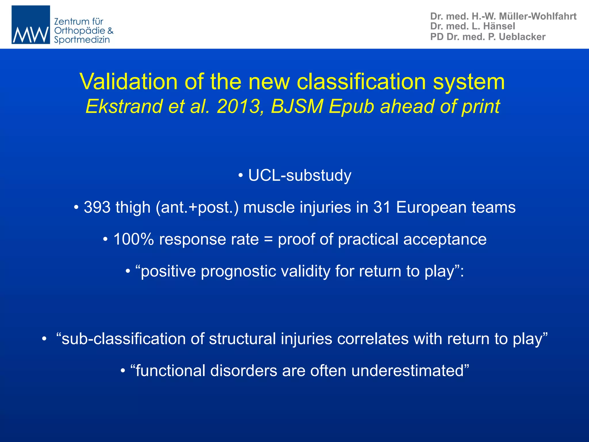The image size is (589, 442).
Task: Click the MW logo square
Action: click(x=31, y=25)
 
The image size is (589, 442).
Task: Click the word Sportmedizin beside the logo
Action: click(x=82, y=40)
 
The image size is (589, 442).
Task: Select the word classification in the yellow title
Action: click(x=361, y=81)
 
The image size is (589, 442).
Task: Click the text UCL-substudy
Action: click(x=300, y=175)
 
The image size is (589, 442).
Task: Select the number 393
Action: click(x=97, y=207)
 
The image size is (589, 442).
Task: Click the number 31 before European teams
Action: click(x=382, y=207)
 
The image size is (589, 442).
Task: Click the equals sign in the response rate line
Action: click(x=268, y=240)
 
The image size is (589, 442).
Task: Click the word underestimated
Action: click(x=408, y=371)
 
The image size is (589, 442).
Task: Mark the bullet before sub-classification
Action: click(x=44, y=339)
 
